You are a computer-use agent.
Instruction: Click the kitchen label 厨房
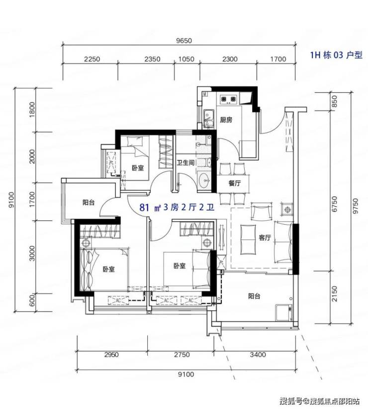coord(226,120)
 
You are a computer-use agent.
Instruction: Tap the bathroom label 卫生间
coord(185,162)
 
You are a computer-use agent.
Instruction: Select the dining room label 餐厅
coord(234,183)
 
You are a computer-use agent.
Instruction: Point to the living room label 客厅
coord(265,237)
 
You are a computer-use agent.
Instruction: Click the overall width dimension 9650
coord(184,41)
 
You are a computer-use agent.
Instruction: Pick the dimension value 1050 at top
coord(186,59)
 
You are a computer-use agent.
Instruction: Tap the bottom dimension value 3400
coord(258,355)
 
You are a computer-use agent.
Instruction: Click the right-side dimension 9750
coord(356,206)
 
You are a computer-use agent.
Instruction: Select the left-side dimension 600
coord(32,300)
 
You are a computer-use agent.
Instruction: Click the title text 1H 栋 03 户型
coord(336,55)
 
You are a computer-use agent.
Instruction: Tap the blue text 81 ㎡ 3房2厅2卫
coord(177,208)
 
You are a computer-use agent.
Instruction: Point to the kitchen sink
coord(208,118)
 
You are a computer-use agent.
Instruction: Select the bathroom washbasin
coord(204,179)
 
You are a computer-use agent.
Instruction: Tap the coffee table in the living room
coord(248,240)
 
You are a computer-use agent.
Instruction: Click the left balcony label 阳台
coord(89,202)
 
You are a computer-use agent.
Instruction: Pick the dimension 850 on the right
coord(334,101)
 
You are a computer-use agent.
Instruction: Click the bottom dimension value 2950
coord(111,355)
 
